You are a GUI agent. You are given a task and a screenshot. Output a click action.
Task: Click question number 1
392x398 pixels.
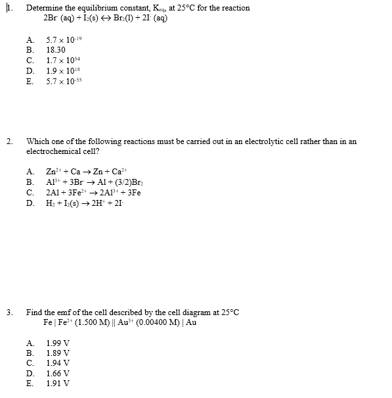coord(9,8)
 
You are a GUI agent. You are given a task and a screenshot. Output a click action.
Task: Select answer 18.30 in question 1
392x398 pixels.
coord(55,49)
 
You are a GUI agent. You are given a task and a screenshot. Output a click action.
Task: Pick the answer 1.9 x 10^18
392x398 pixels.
coord(62,70)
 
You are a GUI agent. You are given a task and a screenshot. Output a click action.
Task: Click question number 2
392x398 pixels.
coord(9,141)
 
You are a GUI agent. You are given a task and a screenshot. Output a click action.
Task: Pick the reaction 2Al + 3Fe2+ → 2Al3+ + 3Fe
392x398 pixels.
coord(93,193)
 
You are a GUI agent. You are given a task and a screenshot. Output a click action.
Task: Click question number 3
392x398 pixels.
coord(9,312)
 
